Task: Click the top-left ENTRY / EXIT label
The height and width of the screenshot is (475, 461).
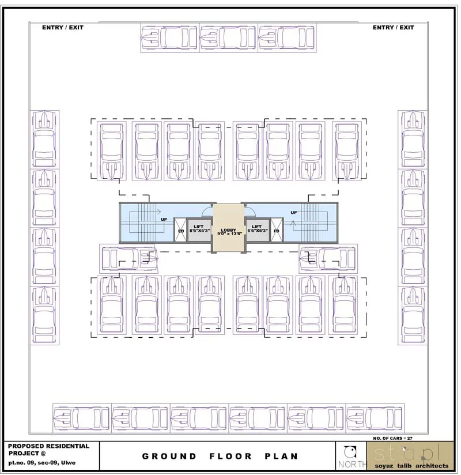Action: (x=62, y=28)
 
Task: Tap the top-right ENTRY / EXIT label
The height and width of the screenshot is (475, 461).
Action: (x=393, y=28)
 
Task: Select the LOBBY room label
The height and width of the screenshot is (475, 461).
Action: (x=228, y=232)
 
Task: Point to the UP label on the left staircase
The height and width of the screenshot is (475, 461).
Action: (x=164, y=220)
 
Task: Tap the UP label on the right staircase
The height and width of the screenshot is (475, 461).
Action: (x=294, y=213)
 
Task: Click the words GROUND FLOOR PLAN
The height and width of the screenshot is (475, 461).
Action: (x=220, y=456)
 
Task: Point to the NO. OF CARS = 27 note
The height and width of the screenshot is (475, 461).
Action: (x=393, y=438)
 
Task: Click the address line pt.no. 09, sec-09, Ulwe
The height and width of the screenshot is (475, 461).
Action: (x=41, y=463)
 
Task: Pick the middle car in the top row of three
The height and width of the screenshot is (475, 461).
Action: (x=228, y=38)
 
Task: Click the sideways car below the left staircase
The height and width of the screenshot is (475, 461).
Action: (x=129, y=258)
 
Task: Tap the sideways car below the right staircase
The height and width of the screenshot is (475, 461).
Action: (x=327, y=258)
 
